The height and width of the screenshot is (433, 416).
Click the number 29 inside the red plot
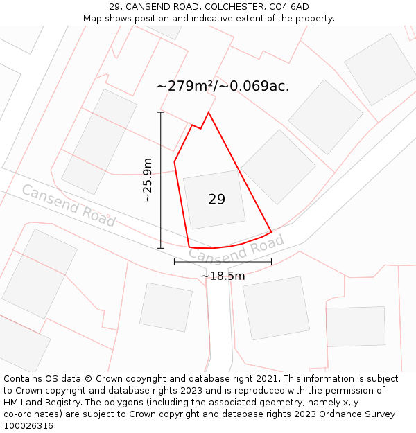tap(216, 200)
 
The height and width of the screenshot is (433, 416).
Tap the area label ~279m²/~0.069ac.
tap(223, 86)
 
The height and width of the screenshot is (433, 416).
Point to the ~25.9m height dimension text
tap(146, 180)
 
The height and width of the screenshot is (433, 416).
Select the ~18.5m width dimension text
tap(223, 276)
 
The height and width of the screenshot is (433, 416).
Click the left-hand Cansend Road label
tap(68, 205)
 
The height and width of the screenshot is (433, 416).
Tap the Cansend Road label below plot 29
tap(236, 249)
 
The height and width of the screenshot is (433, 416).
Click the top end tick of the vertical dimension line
tap(161, 112)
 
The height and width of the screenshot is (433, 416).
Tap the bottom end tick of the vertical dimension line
tap(161, 248)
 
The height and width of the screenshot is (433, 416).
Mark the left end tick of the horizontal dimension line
tap(174, 262)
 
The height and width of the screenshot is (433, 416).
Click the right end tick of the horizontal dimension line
tap(271, 262)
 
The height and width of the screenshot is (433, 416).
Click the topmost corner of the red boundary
tap(208, 112)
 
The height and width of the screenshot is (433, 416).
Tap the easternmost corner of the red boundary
tap(271, 232)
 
